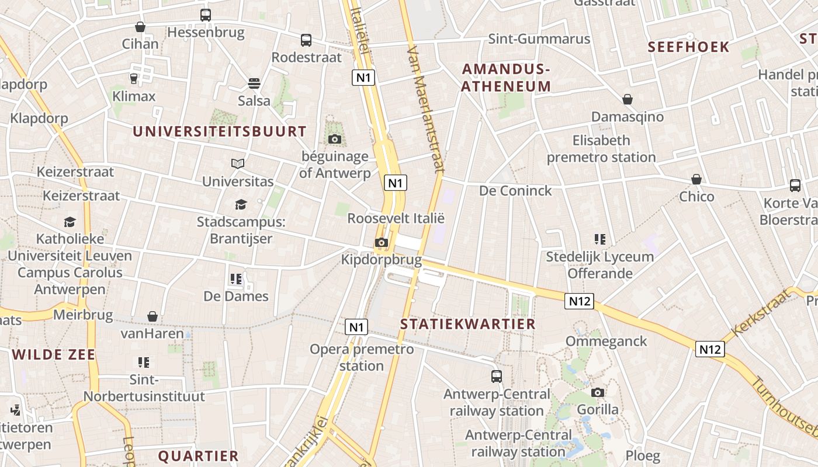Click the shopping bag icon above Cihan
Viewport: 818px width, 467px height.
pos(140,27)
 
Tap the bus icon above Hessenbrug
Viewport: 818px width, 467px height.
pos(206,15)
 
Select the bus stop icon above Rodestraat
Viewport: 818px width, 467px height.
pos(306,40)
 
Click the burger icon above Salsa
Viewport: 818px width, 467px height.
pos(254,83)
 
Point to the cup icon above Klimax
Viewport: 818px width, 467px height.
pos(134,78)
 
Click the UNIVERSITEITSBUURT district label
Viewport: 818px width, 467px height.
pos(220,131)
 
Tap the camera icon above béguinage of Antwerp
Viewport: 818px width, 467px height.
pos(335,139)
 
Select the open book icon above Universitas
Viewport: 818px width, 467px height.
pos(238,164)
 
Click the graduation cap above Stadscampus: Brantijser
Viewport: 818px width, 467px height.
pos(241,204)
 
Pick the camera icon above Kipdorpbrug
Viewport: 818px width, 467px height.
pos(382,242)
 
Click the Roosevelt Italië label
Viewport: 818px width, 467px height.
pos(396,218)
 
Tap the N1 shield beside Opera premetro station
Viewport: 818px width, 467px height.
pos(356,327)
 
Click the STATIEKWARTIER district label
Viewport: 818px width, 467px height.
pos(468,324)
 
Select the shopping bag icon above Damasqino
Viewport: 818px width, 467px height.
pos(628,99)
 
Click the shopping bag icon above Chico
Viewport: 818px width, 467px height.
pos(696,179)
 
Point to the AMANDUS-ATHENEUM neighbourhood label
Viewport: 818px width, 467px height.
pos(507,78)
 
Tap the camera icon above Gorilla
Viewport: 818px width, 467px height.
pos(598,392)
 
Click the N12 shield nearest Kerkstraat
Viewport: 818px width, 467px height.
pos(710,349)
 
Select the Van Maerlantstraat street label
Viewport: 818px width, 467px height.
pos(425,109)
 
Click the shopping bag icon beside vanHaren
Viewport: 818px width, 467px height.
pos(152,316)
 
